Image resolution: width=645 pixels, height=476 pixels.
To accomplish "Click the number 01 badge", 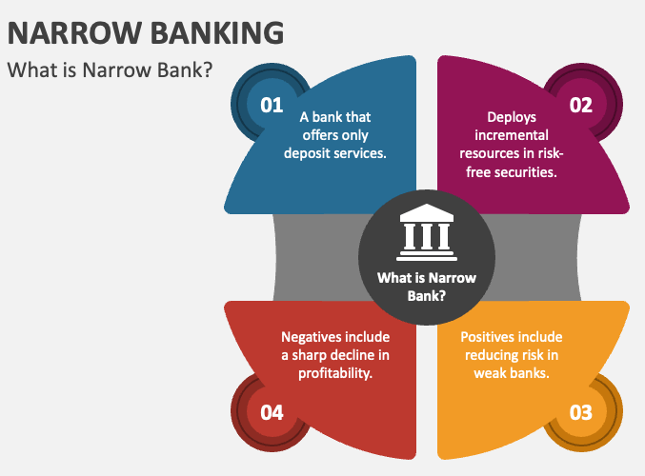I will click(x=272, y=104).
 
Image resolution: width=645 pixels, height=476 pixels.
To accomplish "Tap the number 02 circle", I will click(x=581, y=104).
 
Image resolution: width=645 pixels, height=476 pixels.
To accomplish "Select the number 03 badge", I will click(x=581, y=412).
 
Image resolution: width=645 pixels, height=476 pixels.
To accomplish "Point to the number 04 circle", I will click(x=272, y=412).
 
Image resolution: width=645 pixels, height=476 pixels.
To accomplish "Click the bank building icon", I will click(x=426, y=234).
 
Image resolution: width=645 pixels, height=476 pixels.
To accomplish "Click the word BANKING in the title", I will click(x=217, y=31).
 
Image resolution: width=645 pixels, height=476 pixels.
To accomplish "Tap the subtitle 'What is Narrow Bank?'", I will click(x=110, y=70).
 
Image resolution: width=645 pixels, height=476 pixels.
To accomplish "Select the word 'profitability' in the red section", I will click(x=334, y=373).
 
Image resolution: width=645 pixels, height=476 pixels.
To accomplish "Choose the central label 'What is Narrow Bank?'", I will click(x=426, y=287).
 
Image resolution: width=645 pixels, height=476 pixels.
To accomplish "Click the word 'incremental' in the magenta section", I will click(x=512, y=135).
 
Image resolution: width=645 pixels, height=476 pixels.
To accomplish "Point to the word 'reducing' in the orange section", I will click(x=501, y=355).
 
